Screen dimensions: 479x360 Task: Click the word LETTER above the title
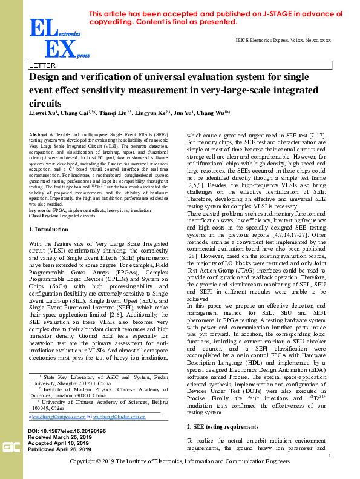[x=42, y=65]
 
